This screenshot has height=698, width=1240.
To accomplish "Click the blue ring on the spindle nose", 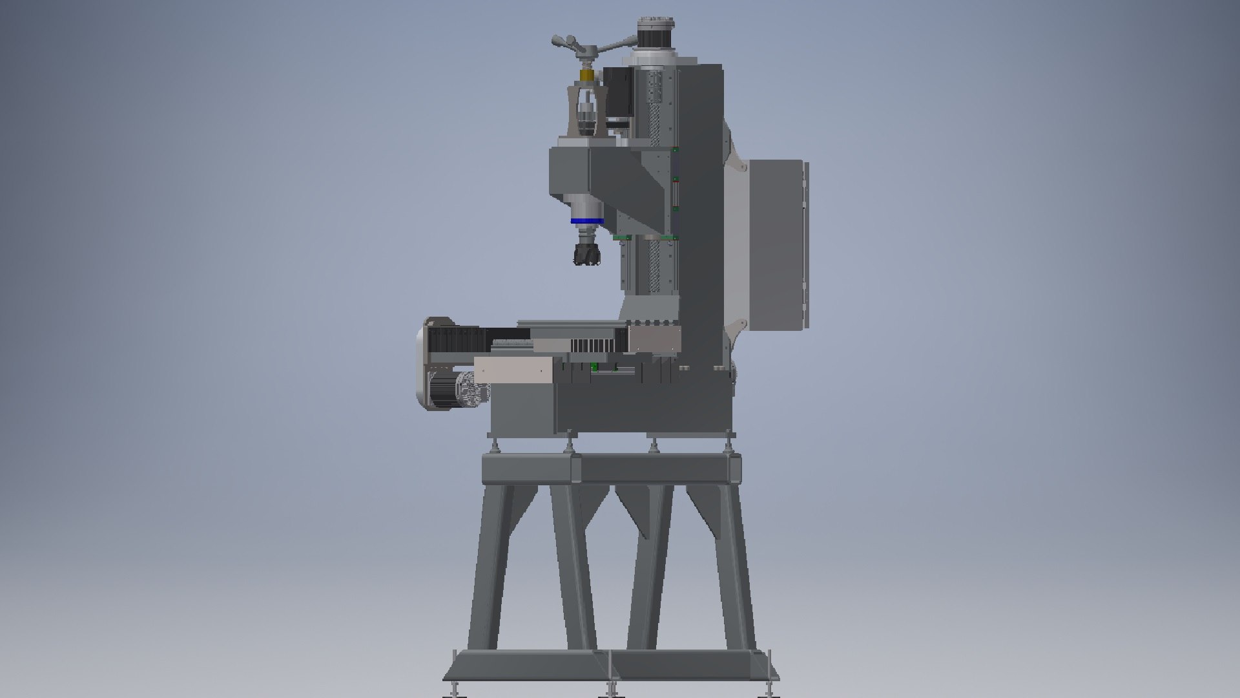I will tap(586, 222).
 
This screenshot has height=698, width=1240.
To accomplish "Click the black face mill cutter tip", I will tap(586, 253).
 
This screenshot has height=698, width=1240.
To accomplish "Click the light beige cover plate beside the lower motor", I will tap(513, 372).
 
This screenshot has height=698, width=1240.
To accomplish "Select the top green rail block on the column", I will tap(675, 150).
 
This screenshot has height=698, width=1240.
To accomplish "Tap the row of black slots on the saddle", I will tap(591, 346).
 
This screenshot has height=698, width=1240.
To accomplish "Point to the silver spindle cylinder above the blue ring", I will tap(586, 204).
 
